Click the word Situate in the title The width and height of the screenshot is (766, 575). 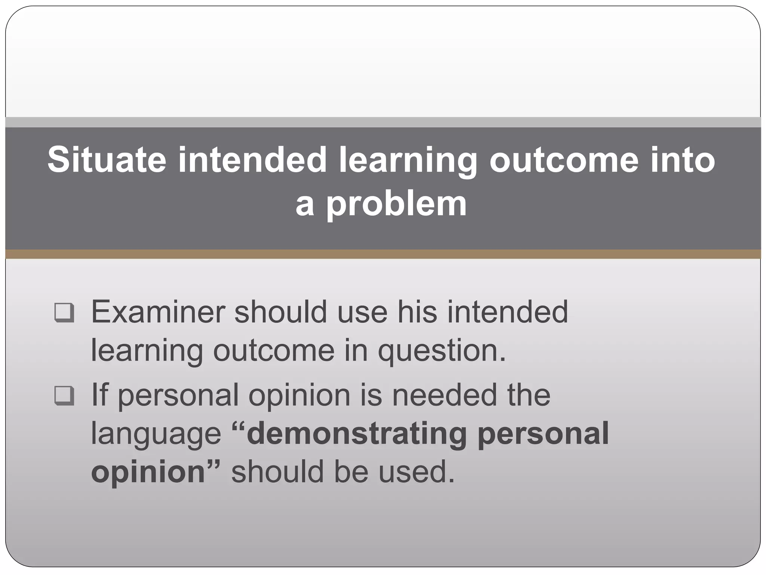107,160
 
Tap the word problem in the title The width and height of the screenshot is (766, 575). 396,204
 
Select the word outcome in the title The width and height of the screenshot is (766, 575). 563,160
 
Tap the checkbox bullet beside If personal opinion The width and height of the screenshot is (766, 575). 64,395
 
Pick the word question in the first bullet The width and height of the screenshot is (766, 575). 441,352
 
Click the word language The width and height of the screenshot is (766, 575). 156,434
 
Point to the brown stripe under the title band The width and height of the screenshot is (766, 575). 383,254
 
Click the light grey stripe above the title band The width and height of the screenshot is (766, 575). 383,122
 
